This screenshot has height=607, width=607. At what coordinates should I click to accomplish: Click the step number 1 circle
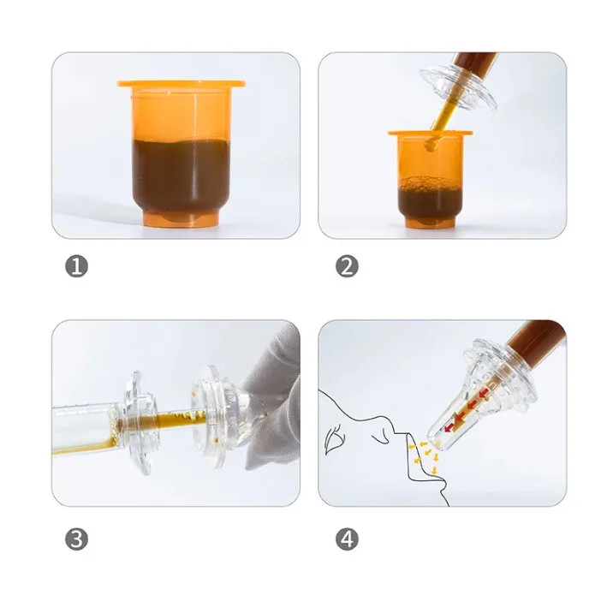tap(77, 266)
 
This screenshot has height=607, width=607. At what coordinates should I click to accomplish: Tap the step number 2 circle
tap(347, 266)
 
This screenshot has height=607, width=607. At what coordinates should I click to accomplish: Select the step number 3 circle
tap(77, 539)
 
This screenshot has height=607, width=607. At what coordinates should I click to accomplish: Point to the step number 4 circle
tap(347, 539)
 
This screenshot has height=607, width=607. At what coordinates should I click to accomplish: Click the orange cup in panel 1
tap(182, 155)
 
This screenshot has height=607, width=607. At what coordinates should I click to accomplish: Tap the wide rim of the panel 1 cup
tap(182, 84)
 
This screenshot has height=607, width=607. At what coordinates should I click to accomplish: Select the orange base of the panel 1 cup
tap(182, 219)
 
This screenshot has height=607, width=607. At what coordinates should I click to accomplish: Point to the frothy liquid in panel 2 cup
tap(430, 199)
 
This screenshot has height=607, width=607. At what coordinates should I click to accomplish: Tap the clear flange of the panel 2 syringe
tap(459, 87)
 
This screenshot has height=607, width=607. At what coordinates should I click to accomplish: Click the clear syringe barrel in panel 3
tap(87, 428)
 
